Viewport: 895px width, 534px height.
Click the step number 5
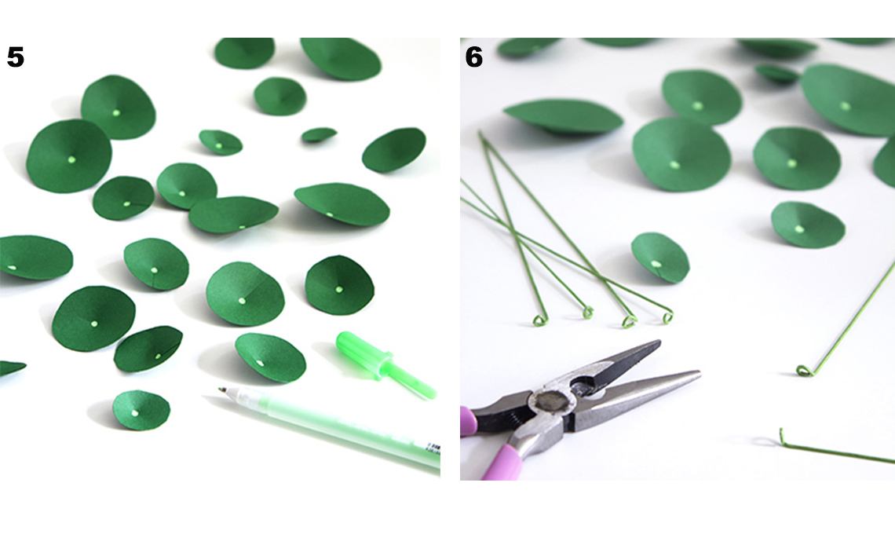point(16,57)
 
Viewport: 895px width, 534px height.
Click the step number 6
point(474,57)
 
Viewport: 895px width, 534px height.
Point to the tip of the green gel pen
point(221,390)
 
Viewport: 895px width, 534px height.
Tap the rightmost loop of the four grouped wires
point(666,316)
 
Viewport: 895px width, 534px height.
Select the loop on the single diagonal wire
point(805,371)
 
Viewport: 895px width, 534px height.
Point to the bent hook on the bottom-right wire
point(784,437)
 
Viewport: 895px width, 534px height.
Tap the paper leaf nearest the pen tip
point(141,410)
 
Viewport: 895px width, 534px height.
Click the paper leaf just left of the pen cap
point(271,357)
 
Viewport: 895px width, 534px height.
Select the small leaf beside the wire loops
point(660,258)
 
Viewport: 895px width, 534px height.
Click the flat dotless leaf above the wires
point(562,117)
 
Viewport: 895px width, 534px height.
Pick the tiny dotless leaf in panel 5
point(319,135)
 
